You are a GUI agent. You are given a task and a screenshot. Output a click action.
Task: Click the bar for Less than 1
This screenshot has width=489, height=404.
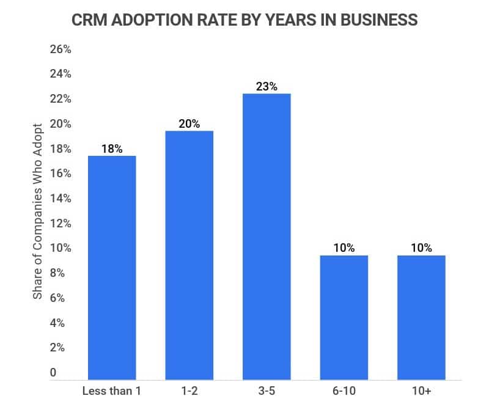coord(112,268)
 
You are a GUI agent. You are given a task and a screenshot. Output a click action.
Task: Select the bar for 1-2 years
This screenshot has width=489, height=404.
coord(189,255)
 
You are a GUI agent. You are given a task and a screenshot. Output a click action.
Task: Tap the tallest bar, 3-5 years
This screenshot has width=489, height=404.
coord(267,237)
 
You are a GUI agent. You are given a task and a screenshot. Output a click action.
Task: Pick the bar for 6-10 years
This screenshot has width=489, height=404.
coord(344,317)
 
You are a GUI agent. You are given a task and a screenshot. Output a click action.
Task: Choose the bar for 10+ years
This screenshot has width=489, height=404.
coord(421,317)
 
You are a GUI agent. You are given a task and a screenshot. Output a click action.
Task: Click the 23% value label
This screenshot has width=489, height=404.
coord(267,87)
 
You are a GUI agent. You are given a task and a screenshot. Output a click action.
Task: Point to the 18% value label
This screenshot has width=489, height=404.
coord(112,149)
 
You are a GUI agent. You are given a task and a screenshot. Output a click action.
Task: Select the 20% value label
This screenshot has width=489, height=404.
coord(189,124)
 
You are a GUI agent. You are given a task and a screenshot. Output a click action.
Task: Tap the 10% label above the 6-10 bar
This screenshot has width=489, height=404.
coord(344,248)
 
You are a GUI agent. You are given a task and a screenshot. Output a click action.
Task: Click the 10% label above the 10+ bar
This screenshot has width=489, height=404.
coord(421,248)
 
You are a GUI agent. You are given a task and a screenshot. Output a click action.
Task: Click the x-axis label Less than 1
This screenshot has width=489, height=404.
coord(112,391)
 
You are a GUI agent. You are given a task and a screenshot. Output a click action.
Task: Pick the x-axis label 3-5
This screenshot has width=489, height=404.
coord(267,391)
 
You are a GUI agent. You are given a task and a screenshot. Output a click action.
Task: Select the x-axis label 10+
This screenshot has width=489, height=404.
coord(421,391)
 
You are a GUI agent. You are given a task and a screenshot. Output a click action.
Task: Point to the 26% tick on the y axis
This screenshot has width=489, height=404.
coord(61,50)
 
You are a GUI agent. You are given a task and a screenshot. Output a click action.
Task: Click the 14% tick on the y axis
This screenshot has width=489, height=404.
coord(61,199)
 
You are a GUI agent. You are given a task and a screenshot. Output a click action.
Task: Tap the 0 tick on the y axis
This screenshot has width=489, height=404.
coord(54,372)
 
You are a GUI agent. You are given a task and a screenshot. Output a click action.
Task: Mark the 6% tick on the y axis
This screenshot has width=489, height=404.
coord(57,298)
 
